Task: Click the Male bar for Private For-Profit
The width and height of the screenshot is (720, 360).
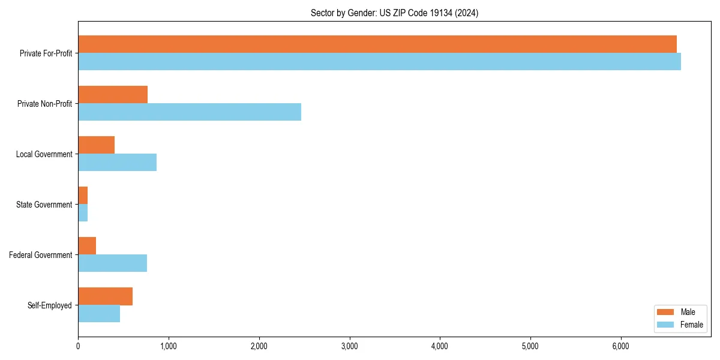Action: point(377,44)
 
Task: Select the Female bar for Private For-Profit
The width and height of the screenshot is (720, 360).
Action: point(379,62)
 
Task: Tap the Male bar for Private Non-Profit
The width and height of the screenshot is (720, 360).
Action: point(113,95)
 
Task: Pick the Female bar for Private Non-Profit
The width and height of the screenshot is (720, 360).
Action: point(190,112)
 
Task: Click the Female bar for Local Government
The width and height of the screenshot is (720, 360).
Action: point(117,163)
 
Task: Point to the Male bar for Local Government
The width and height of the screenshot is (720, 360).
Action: point(96,145)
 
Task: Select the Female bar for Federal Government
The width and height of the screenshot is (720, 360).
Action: point(112,263)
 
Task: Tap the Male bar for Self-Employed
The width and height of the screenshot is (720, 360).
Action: point(105,296)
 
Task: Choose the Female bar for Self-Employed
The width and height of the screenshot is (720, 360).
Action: point(99,314)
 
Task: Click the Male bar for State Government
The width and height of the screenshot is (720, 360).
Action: point(83,196)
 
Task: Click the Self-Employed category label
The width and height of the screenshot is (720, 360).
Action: point(50,305)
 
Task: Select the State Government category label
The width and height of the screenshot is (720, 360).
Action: point(44,205)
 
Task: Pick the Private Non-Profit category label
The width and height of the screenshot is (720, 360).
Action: point(45,104)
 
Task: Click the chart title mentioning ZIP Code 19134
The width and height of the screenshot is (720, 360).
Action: point(394,13)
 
